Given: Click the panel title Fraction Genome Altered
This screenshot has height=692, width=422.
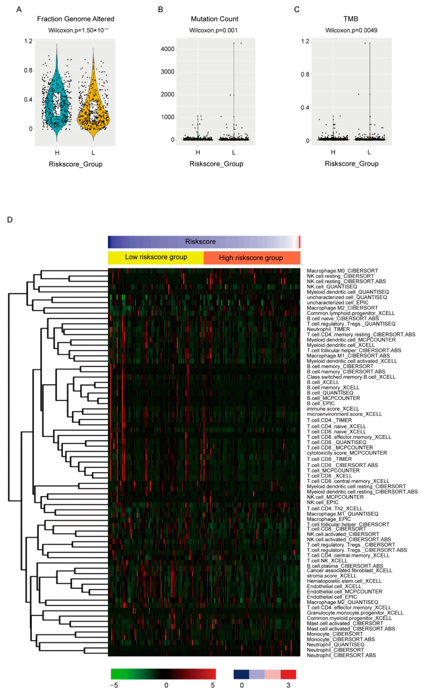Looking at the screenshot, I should coord(76,19).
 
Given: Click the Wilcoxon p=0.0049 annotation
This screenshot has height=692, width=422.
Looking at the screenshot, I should coord(351,30).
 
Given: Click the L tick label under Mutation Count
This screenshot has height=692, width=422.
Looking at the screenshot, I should coord(234,152).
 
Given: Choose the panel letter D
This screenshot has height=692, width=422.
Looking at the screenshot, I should coord(10,220).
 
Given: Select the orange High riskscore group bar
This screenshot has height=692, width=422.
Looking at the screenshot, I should coord(251,258).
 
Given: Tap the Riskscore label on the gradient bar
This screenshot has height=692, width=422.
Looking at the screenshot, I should coord(200,242).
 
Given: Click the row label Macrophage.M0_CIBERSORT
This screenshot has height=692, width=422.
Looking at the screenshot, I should coord(342,271).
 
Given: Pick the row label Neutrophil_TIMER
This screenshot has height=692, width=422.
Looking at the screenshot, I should coord(328,329).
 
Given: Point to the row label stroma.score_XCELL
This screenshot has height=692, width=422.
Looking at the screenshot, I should coord(331,576).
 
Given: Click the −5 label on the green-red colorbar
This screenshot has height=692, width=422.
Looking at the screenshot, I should coord(114,685).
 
